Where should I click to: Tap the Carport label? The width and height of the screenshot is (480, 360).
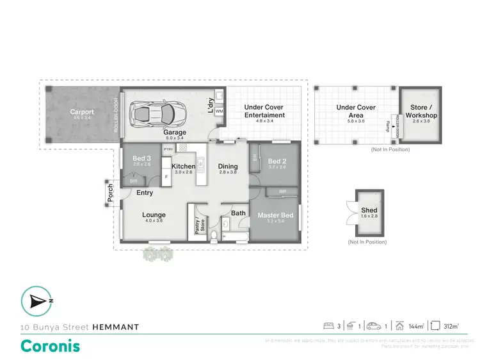[82, 112]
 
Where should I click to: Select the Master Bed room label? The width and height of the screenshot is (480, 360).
[275, 215]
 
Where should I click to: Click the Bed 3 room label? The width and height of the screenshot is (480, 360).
[142, 158]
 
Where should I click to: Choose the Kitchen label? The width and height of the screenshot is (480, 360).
[184, 166]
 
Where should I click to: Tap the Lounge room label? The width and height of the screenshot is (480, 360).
[154, 215]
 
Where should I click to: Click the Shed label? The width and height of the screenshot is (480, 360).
[369, 210]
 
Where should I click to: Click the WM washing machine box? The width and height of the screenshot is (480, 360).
[219, 111]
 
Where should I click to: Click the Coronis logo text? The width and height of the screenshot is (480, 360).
[51, 346]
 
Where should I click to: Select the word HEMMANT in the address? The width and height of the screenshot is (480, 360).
[116, 327]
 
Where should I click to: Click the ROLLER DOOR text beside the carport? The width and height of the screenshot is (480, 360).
[116, 115]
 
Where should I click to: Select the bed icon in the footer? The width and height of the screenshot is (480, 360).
[329, 326]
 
